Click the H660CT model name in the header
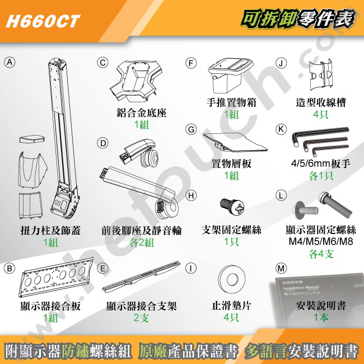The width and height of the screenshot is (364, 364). pos(42,21)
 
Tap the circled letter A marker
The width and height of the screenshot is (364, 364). pos(8,62)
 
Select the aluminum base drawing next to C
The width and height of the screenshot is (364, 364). pos(137,81)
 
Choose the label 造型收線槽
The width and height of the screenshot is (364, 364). pos(321,103)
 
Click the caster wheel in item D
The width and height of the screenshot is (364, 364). pos(150,158)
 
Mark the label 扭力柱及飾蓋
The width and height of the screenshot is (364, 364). pos(50,231)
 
